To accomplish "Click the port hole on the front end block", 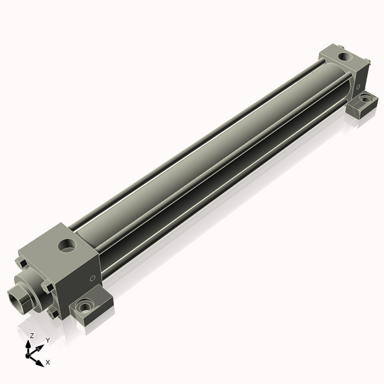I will (66, 244).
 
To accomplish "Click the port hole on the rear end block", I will (346, 56).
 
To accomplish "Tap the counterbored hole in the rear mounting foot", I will (365, 99).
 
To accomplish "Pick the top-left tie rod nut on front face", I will (22, 263).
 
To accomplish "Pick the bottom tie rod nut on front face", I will (51, 313).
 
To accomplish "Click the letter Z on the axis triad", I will (31, 335).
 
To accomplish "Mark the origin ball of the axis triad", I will (29, 354).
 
